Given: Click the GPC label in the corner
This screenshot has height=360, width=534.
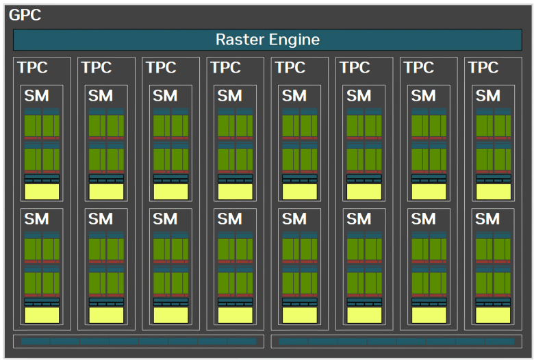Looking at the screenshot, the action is click(x=25, y=15).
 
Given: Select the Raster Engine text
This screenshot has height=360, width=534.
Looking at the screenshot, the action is click(x=268, y=40).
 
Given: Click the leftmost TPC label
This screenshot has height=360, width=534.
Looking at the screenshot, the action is click(x=32, y=68).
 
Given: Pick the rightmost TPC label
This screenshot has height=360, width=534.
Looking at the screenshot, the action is click(x=483, y=68).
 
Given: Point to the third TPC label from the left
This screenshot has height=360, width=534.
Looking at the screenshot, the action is click(x=161, y=68).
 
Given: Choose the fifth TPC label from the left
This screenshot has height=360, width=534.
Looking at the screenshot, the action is click(x=290, y=68).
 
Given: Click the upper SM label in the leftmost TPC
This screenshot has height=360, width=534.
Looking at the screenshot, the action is click(x=36, y=96).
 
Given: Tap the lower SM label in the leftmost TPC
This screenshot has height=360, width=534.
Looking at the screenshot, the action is click(x=36, y=219).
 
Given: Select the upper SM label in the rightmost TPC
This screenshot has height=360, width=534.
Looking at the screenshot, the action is click(x=487, y=96).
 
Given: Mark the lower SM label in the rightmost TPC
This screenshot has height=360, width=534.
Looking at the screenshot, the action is click(x=487, y=219).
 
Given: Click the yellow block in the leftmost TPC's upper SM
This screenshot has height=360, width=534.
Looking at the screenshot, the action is click(x=42, y=192).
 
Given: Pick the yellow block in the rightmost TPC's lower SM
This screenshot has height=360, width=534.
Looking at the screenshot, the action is click(x=493, y=315).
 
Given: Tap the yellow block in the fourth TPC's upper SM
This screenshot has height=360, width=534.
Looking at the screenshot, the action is click(x=236, y=192).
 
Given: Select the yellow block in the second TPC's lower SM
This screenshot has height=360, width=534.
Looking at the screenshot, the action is click(x=106, y=315).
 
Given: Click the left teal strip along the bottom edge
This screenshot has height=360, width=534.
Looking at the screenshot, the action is click(x=138, y=342).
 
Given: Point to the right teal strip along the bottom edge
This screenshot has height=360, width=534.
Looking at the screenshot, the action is click(x=396, y=342).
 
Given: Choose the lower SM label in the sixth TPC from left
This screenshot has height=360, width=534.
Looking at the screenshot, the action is click(x=359, y=219).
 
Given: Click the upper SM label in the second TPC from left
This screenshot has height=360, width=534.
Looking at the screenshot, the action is click(x=101, y=96).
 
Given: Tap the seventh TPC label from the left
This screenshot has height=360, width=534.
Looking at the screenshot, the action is click(x=419, y=68).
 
